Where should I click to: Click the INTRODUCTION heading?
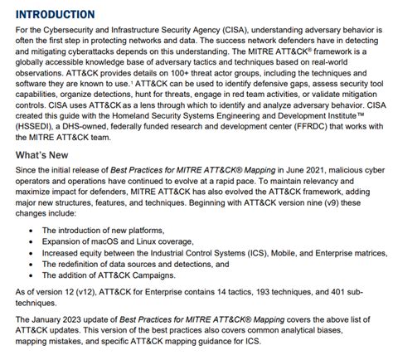point(55,13)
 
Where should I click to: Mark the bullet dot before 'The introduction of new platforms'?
point(31,229)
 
